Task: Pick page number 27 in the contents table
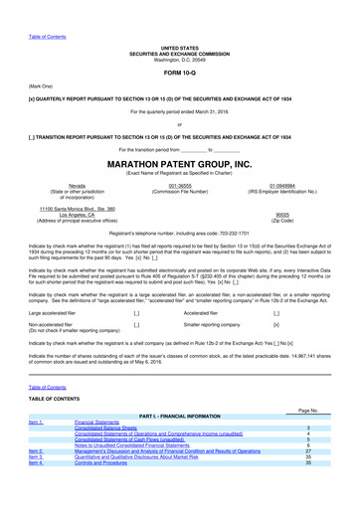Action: pyautogui.click(x=308, y=449)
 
